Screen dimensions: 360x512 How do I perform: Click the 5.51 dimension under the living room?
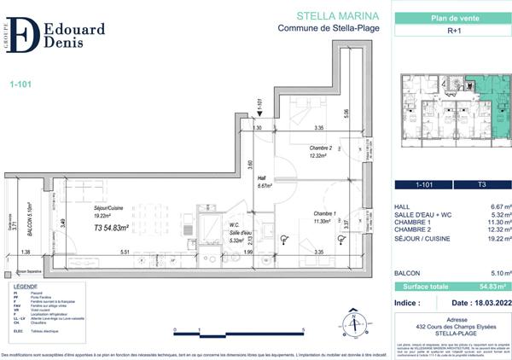pyautogui.click(x=124, y=253)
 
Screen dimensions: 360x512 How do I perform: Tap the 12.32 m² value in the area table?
pyautogui.click(x=495, y=228)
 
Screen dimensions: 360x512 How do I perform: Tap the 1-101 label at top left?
pyautogui.click(x=20, y=84)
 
